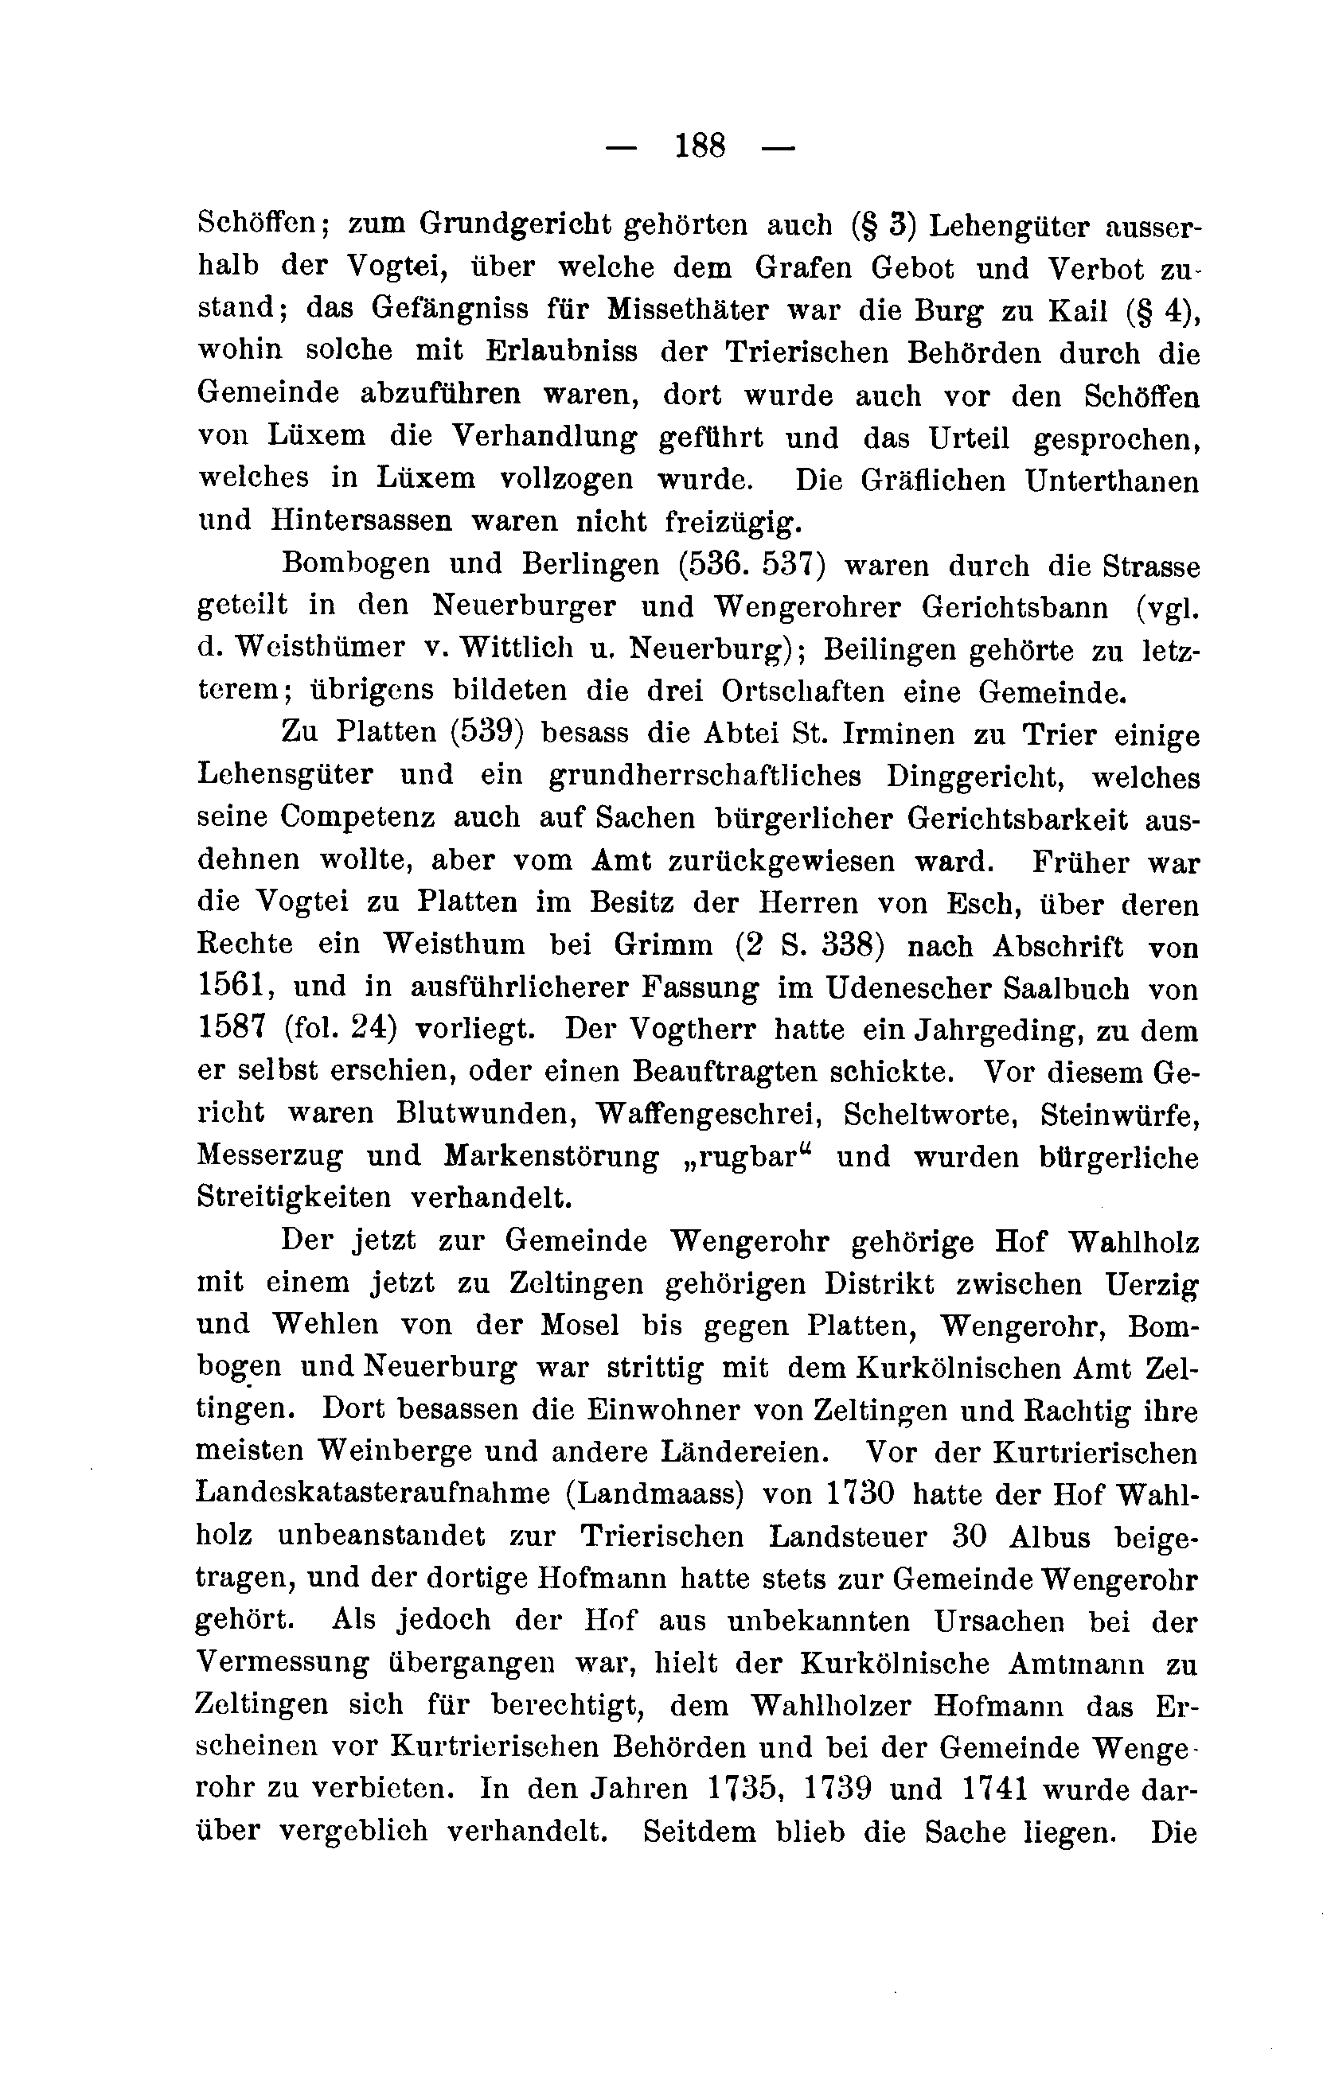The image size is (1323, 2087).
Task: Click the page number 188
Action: (x=700, y=145)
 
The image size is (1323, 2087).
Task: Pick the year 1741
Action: (x=995, y=1789)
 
